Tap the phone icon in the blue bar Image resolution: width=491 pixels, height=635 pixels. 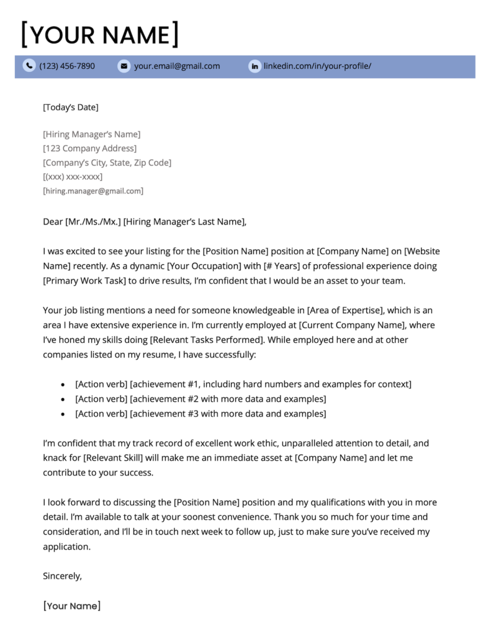(x=29, y=66)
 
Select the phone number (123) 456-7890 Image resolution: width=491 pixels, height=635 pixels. (x=67, y=66)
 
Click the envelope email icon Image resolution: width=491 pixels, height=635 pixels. (x=124, y=66)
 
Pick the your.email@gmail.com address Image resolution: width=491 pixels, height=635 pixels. (x=177, y=66)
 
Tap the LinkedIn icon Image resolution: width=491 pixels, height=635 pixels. (x=255, y=66)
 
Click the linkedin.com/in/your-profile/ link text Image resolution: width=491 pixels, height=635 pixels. (x=317, y=66)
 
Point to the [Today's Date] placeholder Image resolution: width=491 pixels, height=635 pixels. (x=70, y=107)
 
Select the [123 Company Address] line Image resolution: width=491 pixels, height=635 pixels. (x=89, y=148)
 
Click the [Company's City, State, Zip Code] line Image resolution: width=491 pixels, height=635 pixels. (x=107, y=162)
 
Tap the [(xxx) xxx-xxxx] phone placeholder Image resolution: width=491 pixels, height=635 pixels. (x=73, y=177)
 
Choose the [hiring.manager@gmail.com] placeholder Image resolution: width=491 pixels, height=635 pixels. (x=93, y=191)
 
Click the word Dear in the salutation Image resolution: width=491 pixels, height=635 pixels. (x=52, y=221)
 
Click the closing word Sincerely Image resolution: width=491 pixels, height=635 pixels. (x=62, y=575)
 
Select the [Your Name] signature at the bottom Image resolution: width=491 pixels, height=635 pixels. (x=71, y=606)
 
